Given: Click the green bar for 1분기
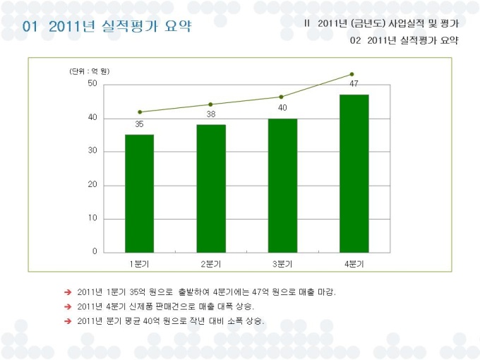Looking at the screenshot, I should (139, 193).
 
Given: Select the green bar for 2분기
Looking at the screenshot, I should (211, 188).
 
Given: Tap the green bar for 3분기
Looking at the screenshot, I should (282, 185).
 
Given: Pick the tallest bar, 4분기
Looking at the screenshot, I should (354, 173).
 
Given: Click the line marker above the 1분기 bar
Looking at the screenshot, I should (140, 112).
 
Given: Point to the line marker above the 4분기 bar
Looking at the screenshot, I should (352, 74).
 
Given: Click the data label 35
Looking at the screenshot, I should (140, 124).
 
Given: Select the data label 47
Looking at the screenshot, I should (354, 83).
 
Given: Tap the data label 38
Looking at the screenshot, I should (211, 114).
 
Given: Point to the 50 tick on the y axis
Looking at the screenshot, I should (92, 84).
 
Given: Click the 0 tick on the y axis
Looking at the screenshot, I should (95, 251).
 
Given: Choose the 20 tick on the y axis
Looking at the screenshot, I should (92, 185).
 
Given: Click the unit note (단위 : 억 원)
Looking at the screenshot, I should (90, 71).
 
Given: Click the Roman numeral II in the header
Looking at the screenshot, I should (307, 23).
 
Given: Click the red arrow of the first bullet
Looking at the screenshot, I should (68, 292).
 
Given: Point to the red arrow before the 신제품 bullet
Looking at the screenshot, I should (68, 306).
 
